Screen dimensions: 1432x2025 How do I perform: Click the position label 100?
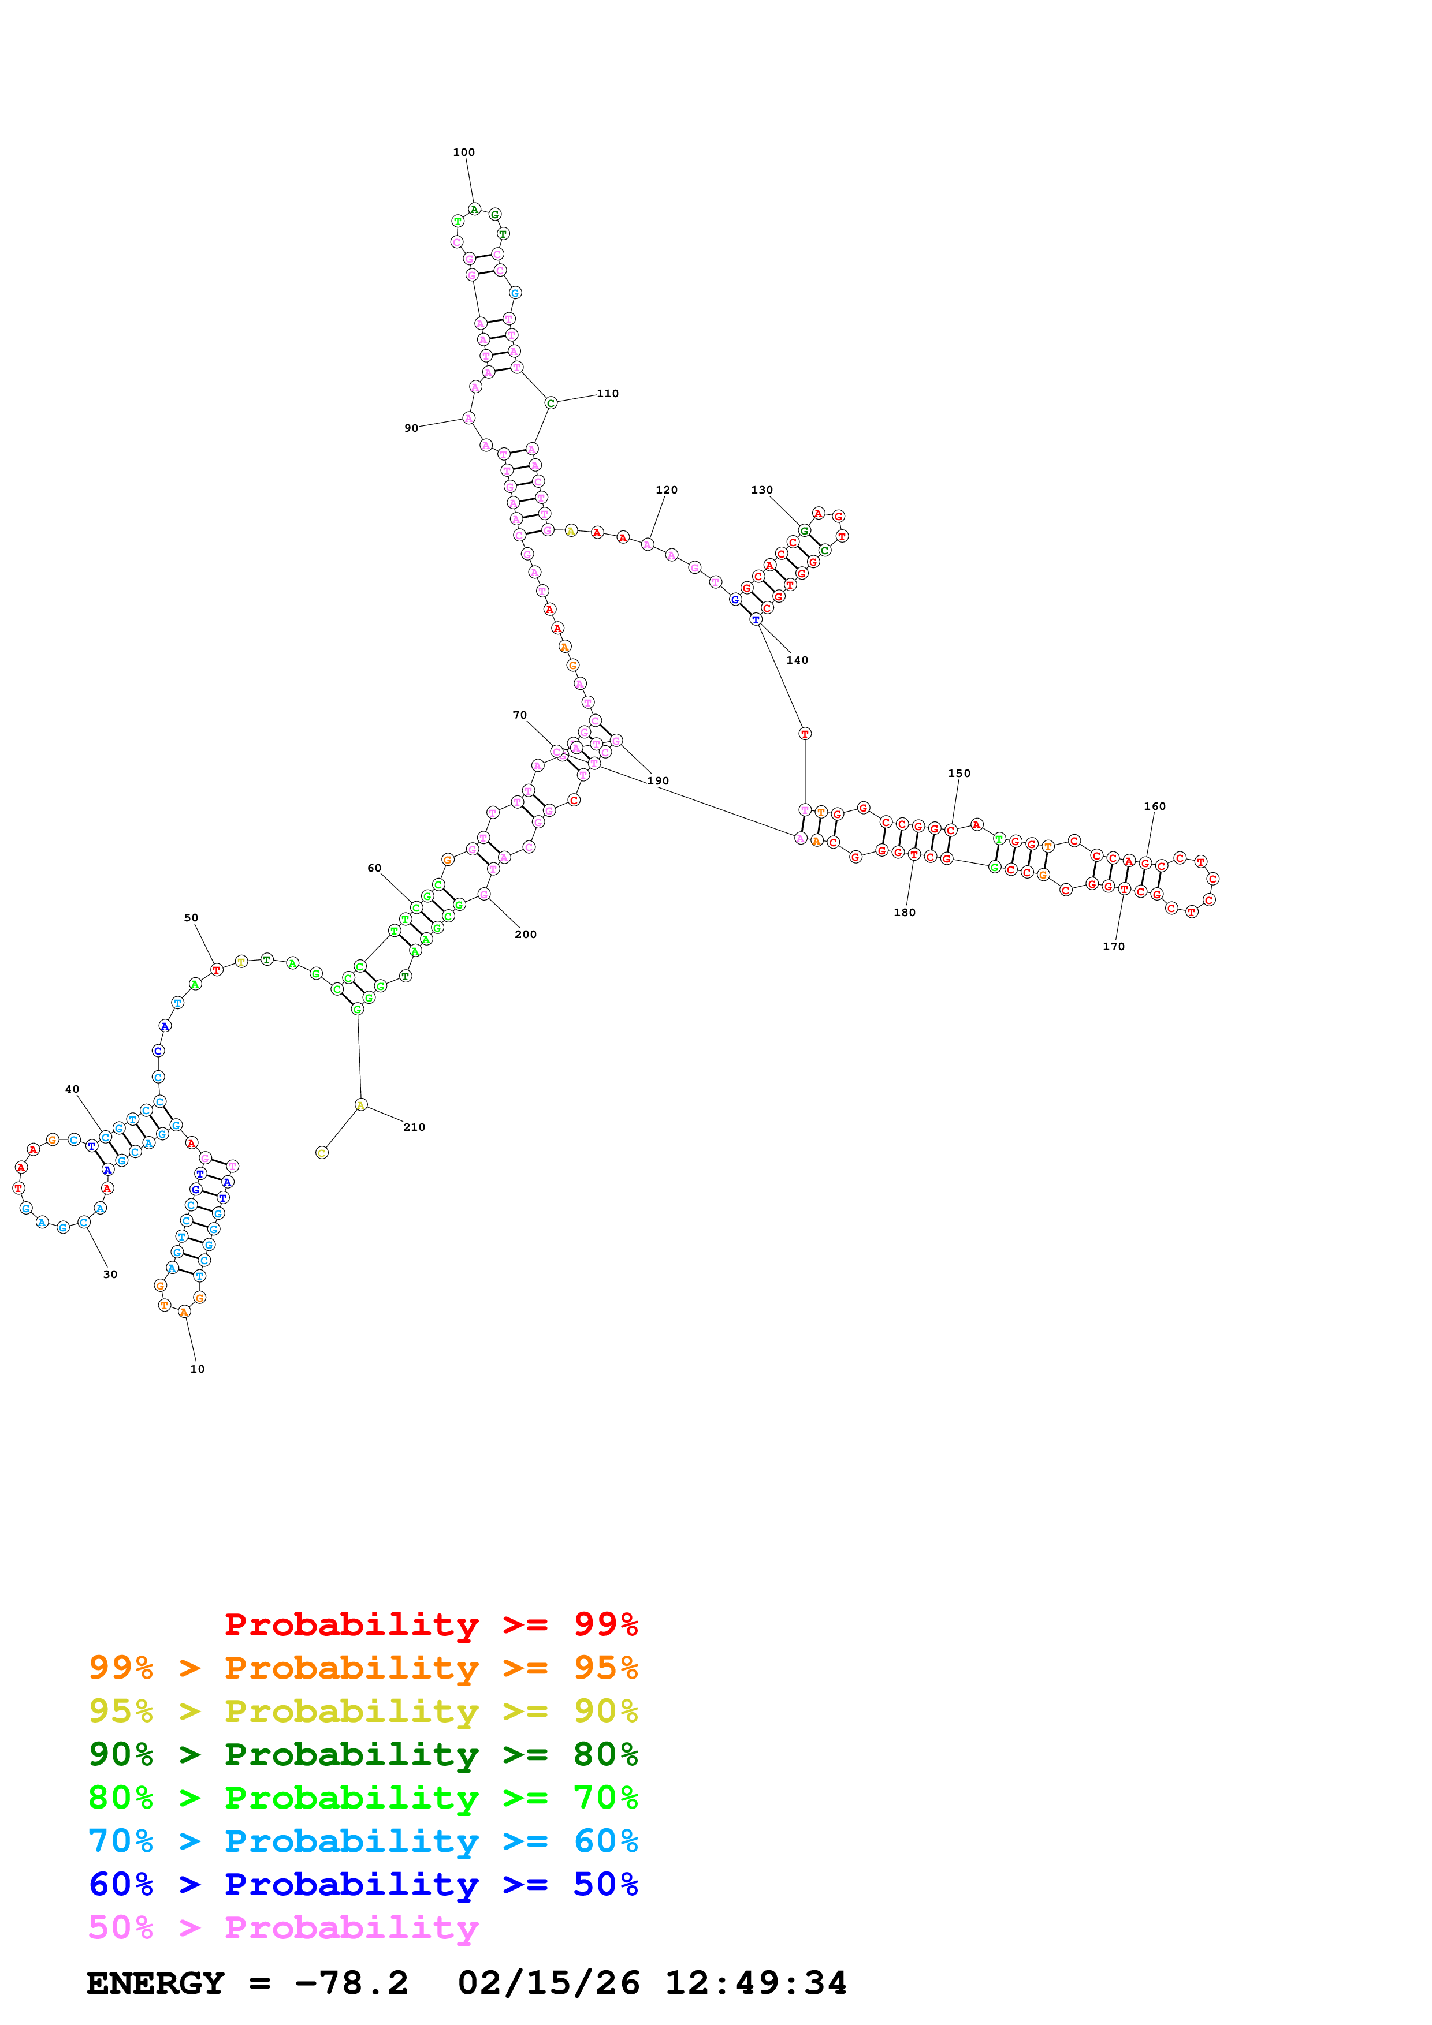[463, 152]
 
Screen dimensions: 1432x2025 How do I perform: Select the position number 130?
[761, 490]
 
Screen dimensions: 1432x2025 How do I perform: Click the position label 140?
[797, 660]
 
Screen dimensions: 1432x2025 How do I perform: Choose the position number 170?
[1114, 946]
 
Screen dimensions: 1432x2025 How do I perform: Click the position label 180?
[905, 912]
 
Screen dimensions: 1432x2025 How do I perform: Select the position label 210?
[414, 1127]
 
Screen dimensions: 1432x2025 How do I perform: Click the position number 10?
[197, 1369]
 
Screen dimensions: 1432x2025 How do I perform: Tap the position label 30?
[110, 1275]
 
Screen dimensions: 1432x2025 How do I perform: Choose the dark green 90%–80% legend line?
[363, 1754]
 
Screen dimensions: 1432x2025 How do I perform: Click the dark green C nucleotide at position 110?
[551, 403]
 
